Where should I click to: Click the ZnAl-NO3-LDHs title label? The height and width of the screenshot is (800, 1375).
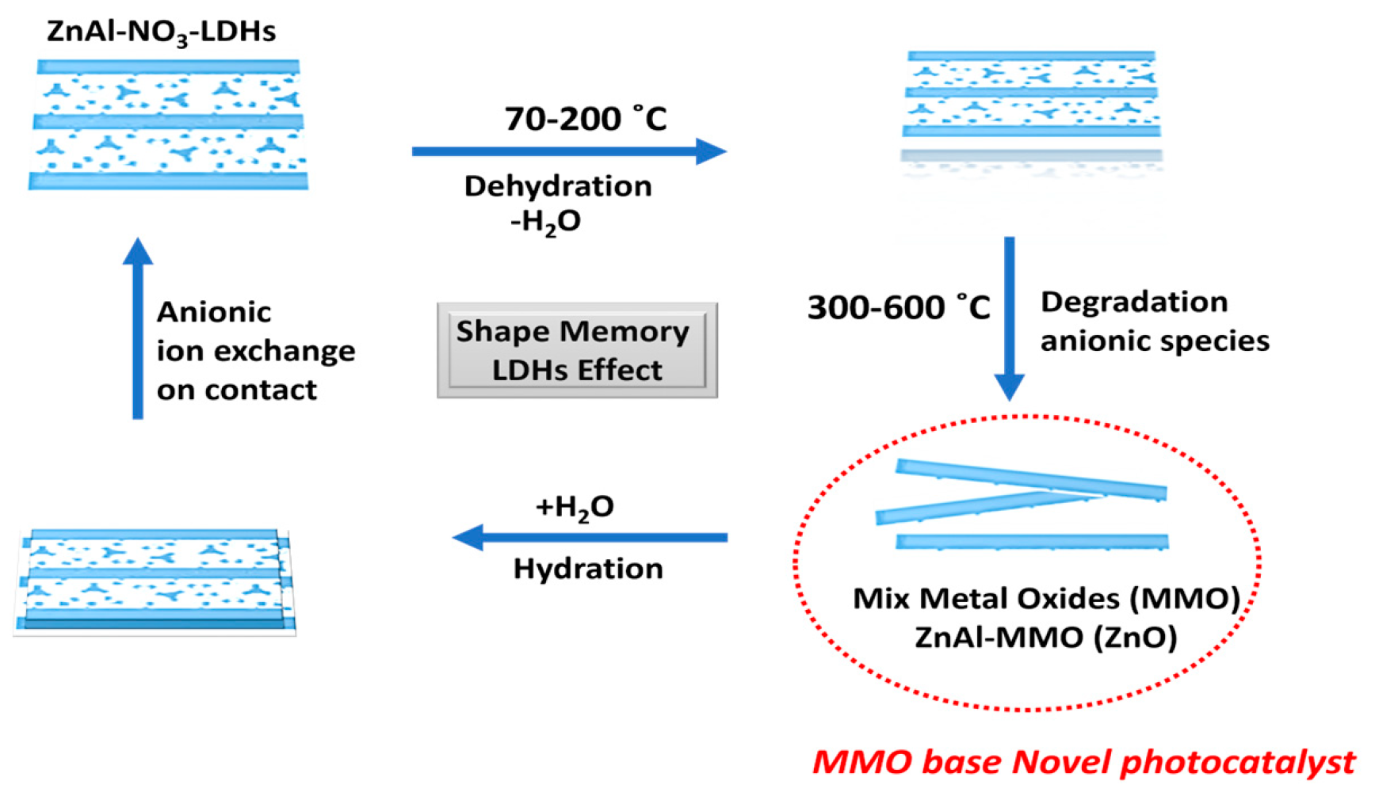point(161,32)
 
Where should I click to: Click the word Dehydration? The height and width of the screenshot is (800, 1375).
point(558,186)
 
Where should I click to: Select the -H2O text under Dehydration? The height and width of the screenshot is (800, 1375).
point(545,221)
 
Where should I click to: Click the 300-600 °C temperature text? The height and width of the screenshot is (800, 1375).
point(898,307)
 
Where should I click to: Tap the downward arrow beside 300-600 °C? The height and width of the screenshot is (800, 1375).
point(1009,317)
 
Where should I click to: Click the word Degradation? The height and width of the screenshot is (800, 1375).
point(1134,302)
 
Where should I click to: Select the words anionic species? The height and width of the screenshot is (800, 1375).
point(1154,341)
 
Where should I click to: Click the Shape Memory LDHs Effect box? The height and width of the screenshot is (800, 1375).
point(577,350)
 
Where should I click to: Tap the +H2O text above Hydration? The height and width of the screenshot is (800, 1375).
point(575,507)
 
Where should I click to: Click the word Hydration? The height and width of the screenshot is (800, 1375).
point(587,569)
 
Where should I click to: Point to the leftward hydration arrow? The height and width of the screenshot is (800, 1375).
point(590,537)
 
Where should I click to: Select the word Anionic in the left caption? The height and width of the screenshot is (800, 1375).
point(214,312)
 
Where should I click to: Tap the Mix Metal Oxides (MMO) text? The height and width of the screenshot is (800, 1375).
point(1046,598)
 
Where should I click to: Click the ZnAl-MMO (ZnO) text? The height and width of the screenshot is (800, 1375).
point(1046,637)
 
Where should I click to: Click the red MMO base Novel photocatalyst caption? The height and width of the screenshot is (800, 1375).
point(1083,762)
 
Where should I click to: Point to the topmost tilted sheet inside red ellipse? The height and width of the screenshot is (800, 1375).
point(1030,478)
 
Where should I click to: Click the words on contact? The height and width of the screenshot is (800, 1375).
point(236,390)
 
